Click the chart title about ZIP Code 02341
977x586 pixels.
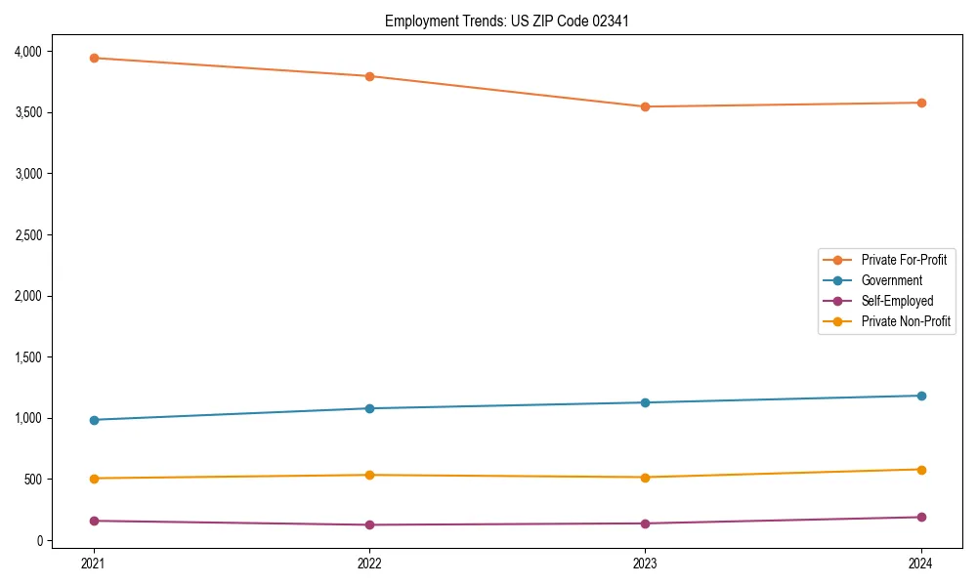tap(499, 21)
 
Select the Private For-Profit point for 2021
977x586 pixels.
tap(94, 58)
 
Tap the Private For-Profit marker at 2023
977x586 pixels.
tap(646, 106)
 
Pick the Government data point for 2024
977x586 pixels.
tap(921, 396)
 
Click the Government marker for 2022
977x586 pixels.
tap(369, 408)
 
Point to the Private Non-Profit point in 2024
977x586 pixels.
tap(921, 470)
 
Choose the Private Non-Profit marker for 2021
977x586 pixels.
tap(94, 479)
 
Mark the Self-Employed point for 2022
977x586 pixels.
tap(369, 524)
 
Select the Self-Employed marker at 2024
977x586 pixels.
tap(921, 517)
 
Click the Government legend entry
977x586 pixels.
tap(891, 280)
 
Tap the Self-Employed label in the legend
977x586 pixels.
tap(897, 301)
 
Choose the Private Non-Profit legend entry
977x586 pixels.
tap(906, 321)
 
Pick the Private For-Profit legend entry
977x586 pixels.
tap(904, 260)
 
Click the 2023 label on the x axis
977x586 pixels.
tap(646, 563)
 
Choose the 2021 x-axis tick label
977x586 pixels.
tap(94, 563)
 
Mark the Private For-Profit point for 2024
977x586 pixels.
tap(921, 103)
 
